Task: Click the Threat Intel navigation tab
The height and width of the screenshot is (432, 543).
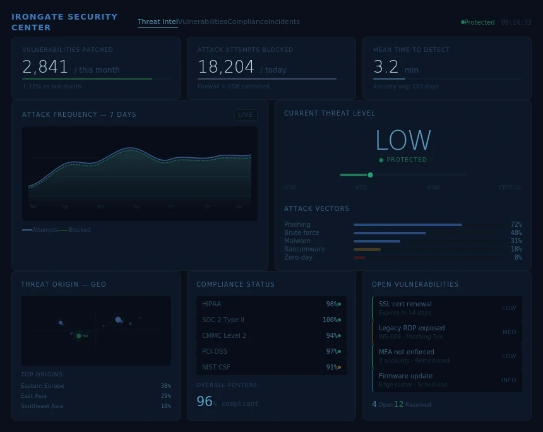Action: (157, 21)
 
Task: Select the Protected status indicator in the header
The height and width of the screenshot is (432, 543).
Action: (479, 22)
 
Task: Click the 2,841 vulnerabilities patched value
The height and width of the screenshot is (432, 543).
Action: (45, 67)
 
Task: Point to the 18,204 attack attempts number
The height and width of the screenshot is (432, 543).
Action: (226, 67)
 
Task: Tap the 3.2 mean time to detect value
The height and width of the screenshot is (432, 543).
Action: (386, 67)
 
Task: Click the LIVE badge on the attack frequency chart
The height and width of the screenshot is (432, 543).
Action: (246, 115)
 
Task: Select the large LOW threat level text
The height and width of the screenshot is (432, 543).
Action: (403, 140)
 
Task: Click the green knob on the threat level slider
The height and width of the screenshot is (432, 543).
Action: (370, 175)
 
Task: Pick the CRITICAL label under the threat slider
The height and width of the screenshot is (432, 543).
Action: (510, 188)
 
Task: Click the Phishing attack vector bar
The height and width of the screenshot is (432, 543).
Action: (407, 224)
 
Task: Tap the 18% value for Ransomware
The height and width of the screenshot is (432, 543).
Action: (516, 249)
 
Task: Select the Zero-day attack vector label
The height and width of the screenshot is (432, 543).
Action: (298, 257)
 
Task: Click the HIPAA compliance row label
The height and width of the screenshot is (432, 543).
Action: (212, 304)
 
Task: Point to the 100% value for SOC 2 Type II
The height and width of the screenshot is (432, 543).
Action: (329, 320)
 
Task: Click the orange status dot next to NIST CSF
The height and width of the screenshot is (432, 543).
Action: (339, 367)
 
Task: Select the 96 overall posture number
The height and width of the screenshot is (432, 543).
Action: (204, 402)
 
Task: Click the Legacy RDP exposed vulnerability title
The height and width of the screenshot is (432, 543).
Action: (412, 328)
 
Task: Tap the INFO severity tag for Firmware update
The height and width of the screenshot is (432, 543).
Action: (508, 380)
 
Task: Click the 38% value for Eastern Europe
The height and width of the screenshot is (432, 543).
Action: (165, 386)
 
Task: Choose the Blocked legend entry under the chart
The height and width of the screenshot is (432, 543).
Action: (79, 230)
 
